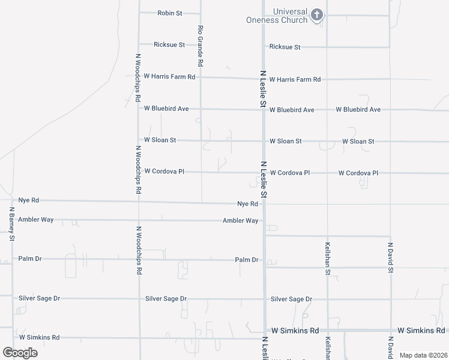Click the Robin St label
tap(170, 13)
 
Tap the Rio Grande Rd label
tap(200, 45)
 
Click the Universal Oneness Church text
tap(277, 16)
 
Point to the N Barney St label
tap(11, 224)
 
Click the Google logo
tap(20, 352)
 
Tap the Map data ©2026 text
tap(423, 355)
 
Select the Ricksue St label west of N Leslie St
tap(169, 44)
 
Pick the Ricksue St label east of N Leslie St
tap(285, 47)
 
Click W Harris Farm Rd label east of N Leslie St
tap(295, 79)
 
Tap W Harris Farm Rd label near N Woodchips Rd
tap(170, 77)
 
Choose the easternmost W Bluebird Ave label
tap(358, 110)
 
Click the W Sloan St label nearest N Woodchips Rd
tap(160, 140)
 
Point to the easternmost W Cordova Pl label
tap(358, 173)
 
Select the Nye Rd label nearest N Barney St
tap(28, 200)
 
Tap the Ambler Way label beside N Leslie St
tap(241, 221)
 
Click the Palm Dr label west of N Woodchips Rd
tap(29, 259)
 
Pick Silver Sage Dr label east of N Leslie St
tap(291, 299)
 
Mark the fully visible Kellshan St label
tap(328, 259)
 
